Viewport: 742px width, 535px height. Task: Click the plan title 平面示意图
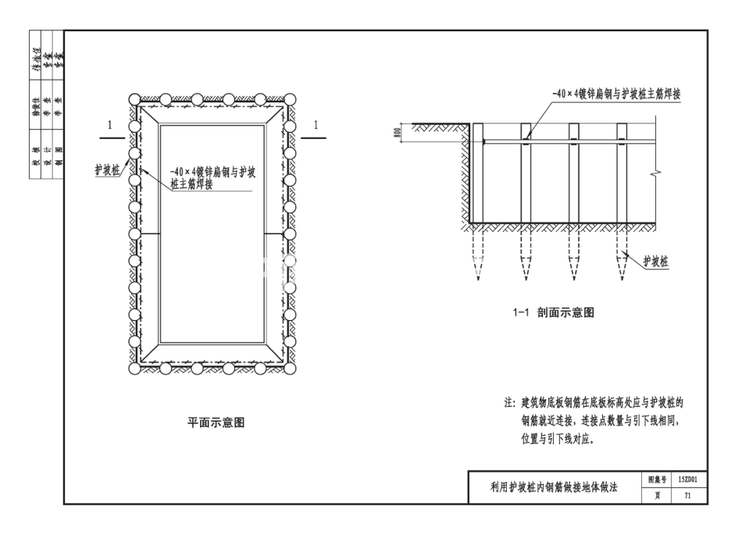216,423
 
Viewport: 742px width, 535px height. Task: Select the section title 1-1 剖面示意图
554,312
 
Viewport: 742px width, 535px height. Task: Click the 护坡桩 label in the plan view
107,168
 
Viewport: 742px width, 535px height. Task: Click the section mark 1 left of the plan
110,125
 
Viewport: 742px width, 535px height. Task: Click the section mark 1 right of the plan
316,125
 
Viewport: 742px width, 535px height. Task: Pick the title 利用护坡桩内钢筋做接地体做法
553,487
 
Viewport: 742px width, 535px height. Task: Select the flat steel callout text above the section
615,93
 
